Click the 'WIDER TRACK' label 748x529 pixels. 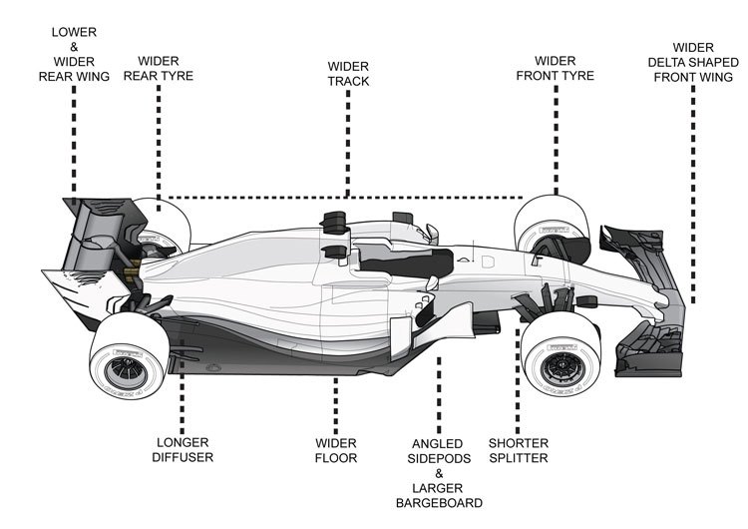click(348, 72)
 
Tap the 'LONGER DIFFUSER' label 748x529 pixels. click(185, 450)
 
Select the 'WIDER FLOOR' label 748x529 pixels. click(336, 450)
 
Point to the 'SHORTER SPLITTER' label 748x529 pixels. click(519, 450)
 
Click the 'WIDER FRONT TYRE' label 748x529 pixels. click(556, 68)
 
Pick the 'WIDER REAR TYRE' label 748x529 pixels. click(159, 68)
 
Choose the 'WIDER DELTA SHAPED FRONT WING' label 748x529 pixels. click(692, 61)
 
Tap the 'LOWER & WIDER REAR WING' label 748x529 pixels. click(73, 54)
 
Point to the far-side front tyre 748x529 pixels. click(543, 226)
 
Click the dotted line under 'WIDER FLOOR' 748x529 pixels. click(336, 399)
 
